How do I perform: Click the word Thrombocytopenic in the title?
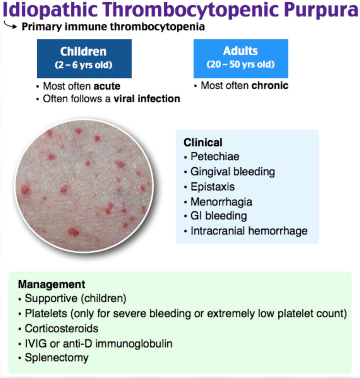[191, 10]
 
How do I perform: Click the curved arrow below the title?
[11, 25]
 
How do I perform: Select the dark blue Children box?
[84, 59]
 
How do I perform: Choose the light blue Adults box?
[241, 59]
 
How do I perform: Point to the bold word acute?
[107, 86]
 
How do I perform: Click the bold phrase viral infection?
[147, 99]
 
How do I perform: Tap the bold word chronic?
[269, 85]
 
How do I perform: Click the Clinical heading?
[203, 142]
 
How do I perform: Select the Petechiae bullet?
[212, 156]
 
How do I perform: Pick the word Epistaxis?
[213, 187]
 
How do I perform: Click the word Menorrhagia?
[222, 202]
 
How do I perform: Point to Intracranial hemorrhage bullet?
[246, 231]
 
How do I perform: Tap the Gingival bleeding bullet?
[229, 172]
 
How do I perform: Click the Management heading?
[51, 284]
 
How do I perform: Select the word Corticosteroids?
[62, 328]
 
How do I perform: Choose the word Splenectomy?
[56, 358]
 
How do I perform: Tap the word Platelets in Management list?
[46, 313]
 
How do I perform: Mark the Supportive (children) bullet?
[72, 298]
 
